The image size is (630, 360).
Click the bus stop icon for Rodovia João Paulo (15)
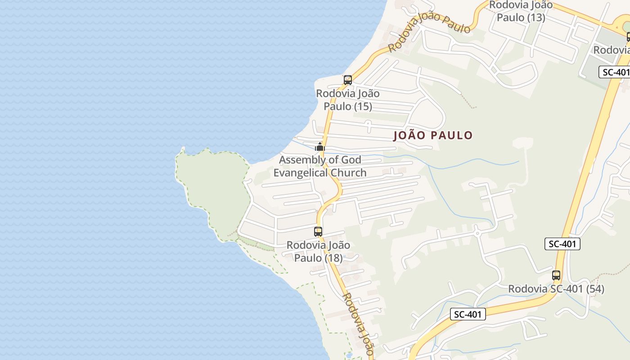pos(347,80)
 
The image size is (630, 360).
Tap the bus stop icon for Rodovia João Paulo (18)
pos(318,232)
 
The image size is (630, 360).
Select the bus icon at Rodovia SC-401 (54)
pos(556,275)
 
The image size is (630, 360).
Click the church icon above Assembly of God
pos(320,147)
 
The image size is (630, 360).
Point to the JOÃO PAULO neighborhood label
pos(433,135)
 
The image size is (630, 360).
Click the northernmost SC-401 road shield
pos(614,72)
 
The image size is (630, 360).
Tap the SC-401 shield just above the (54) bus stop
pos(562,244)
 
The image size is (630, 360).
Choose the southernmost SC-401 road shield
pos(468,314)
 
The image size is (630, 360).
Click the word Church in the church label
pos(348,173)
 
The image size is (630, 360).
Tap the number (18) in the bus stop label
pos(331,258)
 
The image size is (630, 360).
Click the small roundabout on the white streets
pos(477,233)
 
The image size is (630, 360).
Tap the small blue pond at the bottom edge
pos(349,355)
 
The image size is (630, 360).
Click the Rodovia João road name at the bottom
pos(359,324)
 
